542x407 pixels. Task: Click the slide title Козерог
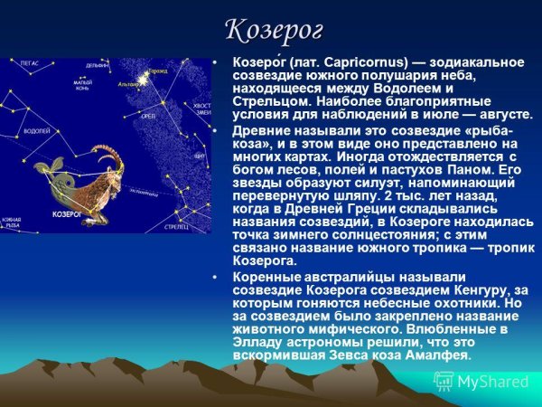(273, 29)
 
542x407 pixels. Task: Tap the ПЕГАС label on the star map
(30, 65)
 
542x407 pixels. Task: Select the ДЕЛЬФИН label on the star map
(98, 66)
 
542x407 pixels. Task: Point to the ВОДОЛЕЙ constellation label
(37, 132)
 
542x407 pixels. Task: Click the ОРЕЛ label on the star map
(148, 116)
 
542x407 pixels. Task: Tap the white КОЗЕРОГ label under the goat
(68, 214)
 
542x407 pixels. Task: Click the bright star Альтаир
(142, 81)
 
